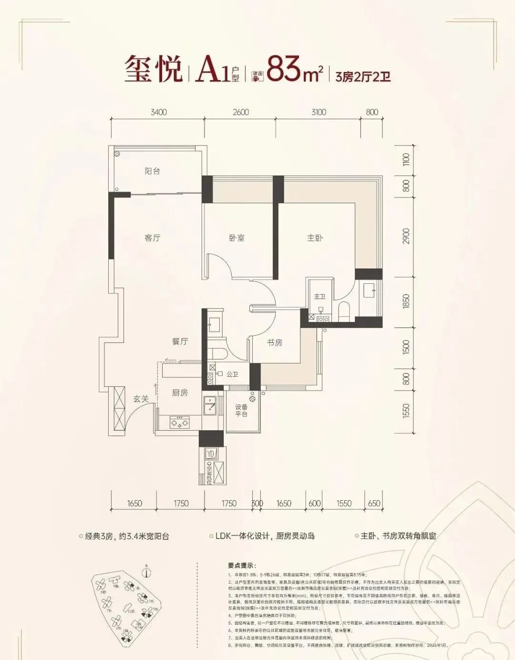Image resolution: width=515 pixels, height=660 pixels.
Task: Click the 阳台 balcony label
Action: click(x=152, y=171)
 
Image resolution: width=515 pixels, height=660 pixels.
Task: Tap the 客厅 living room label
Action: click(x=152, y=237)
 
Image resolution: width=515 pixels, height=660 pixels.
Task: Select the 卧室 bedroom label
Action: click(x=237, y=237)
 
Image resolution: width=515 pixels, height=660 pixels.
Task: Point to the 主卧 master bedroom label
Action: click(x=315, y=237)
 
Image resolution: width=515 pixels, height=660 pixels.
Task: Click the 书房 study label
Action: click(x=274, y=342)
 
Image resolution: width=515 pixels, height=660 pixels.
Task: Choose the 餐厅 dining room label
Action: click(x=180, y=341)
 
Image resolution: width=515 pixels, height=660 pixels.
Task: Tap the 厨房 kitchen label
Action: click(x=180, y=392)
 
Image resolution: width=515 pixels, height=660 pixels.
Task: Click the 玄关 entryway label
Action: click(x=141, y=399)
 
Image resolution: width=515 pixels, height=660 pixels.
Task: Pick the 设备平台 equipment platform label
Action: click(x=241, y=411)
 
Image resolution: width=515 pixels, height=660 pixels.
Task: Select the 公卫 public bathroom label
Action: click(x=232, y=374)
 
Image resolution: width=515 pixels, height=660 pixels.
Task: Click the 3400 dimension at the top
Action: click(x=158, y=112)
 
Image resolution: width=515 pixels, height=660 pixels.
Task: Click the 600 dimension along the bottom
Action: click(x=314, y=503)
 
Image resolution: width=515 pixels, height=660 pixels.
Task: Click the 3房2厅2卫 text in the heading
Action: click(x=363, y=76)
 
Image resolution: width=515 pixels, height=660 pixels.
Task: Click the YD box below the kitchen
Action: click(x=211, y=453)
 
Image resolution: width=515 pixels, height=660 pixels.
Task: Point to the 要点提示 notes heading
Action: click(x=242, y=566)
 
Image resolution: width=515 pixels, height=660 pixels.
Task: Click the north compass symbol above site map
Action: click(x=147, y=571)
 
